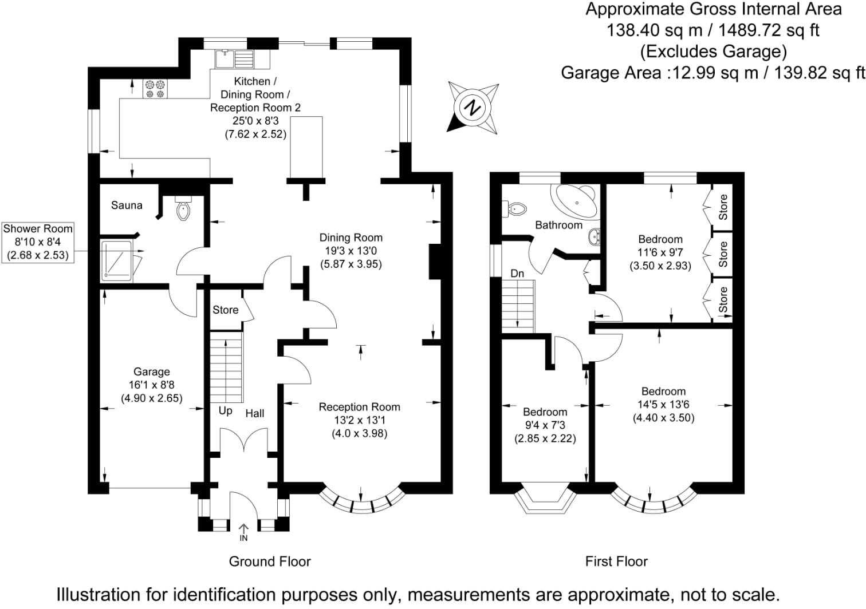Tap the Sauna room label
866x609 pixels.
tap(127, 205)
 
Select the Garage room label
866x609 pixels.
tap(152, 371)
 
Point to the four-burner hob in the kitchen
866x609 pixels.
tap(155, 89)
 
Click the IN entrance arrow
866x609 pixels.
tap(243, 532)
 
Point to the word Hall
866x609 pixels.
tap(255, 413)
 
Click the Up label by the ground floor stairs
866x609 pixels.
tap(226, 411)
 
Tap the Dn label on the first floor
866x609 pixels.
tap(517, 274)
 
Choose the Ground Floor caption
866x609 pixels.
tap(270, 561)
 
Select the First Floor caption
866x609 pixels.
tap(616, 561)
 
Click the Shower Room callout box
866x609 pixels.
tap(38, 242)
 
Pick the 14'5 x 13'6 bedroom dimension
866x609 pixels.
tap(663, 405)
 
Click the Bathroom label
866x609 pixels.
tap(558, 225)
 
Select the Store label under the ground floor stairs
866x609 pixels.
tap(226, 310)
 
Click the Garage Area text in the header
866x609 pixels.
tap(611, 73)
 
